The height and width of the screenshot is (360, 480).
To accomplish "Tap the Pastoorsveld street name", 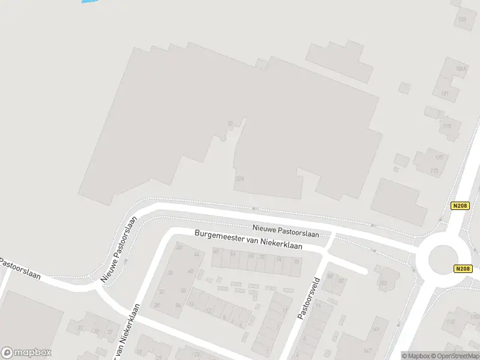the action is pos(308,298).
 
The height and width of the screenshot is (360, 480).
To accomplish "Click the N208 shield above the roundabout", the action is pos(459,205).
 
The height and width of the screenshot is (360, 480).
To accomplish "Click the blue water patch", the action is pos(88,2).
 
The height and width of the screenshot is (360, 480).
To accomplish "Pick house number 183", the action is pos(461,20).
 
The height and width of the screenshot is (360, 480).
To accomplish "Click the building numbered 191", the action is pos(445,94).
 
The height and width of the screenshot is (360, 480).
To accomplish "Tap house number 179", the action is pos(447,127).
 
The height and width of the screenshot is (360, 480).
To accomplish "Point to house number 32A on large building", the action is pos(240,179).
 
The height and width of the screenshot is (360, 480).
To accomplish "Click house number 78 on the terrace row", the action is pos(296,262).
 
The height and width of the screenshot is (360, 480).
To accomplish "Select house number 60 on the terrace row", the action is pos(216,252).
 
